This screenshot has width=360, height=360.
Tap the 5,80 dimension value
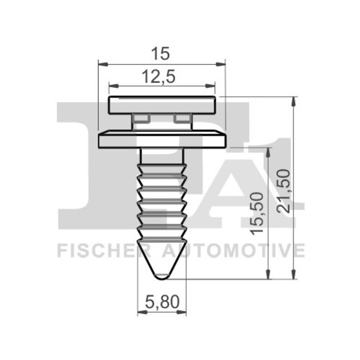click(161, 301)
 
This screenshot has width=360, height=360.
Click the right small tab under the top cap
click(183, 118)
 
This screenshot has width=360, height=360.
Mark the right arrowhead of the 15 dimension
click(221, 64)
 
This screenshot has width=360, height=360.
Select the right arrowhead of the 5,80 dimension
click(182, 312)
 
